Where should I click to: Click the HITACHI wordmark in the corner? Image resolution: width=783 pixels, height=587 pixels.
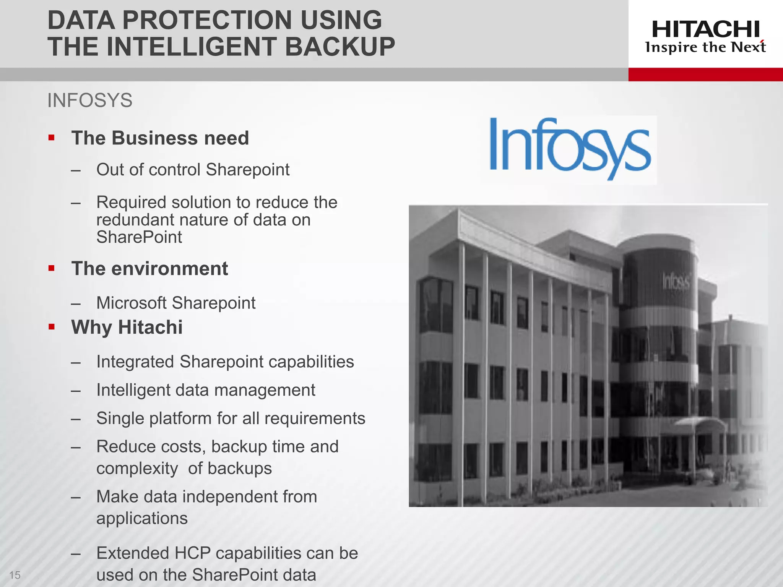tap(705, 29)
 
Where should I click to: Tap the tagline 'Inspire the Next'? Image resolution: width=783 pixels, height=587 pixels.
tap(705, 47)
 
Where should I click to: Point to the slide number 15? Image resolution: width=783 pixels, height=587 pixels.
tap(15, 575)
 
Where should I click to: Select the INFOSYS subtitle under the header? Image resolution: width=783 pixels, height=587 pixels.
tap(90, 101)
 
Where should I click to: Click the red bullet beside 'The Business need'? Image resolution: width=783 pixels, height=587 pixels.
tap(52, 138)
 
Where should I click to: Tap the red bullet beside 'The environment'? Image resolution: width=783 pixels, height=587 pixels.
tap(52, 268)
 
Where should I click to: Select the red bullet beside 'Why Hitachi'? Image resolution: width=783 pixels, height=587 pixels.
tap(52, 327)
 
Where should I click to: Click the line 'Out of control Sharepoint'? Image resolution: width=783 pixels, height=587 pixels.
tap(193, 170)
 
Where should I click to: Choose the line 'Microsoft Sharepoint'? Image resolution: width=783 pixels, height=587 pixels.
tap(176, 303)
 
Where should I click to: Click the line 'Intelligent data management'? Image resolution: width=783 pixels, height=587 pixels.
tap(206, 390)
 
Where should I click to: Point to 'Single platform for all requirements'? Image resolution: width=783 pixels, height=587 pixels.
tap(231, 418)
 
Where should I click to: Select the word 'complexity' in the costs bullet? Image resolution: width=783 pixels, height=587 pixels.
tap(137, 469)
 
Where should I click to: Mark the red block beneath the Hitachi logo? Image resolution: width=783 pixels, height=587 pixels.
tap(705, 75)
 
